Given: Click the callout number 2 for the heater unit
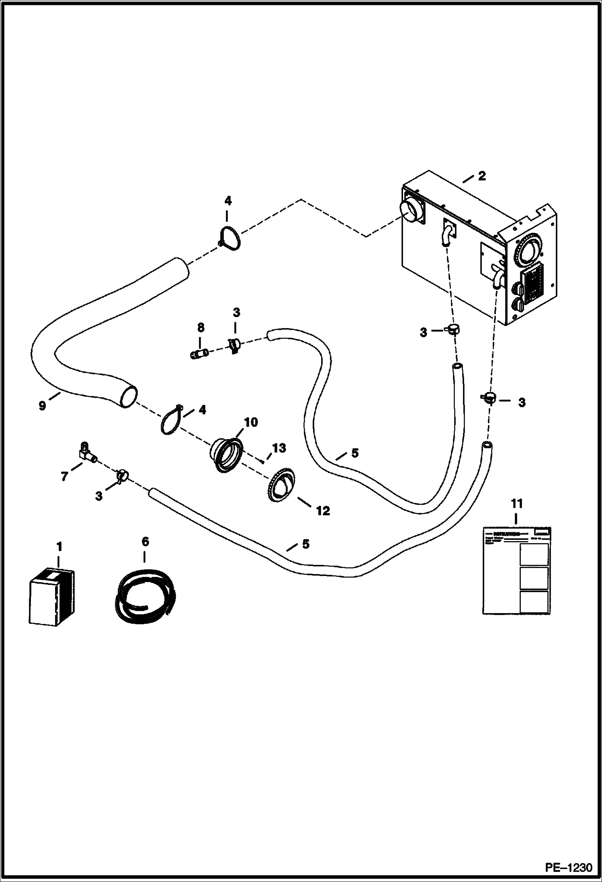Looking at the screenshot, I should [x=481, y=176].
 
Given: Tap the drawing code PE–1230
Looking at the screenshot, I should [x=568, y=867].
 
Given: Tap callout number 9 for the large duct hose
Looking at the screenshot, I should [x=43, y=405].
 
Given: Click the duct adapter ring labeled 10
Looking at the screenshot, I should [x=226, y=455].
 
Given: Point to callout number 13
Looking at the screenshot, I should [x=279, y=448].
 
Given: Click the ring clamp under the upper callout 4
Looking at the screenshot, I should [x=230, y=240].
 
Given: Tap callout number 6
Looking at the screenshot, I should [x=145, y=542].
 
